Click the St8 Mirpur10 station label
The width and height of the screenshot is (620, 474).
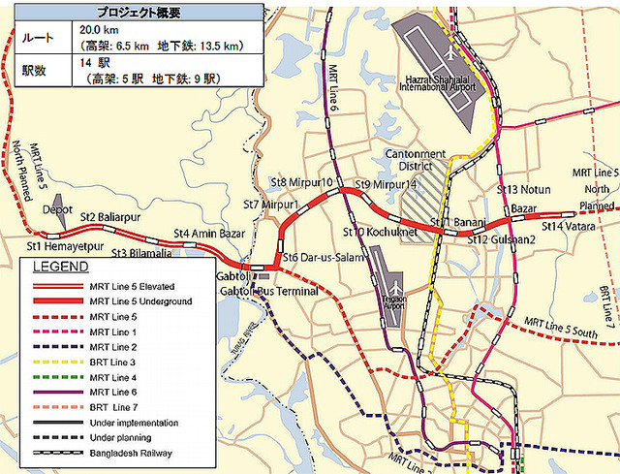[x=300, y=181]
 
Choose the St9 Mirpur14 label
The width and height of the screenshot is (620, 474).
[x=386, y=184]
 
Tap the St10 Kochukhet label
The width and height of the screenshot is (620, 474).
[x=380, y=233]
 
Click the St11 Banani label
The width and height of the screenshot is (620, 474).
[x=458, y=224]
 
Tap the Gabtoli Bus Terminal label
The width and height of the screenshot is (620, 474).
[x=268, y=291]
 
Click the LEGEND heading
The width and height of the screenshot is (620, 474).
[x=60, y=267]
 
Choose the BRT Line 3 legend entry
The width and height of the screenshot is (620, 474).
[x=112, y=362]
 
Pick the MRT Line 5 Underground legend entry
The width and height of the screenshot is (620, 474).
[x=139, y=301]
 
